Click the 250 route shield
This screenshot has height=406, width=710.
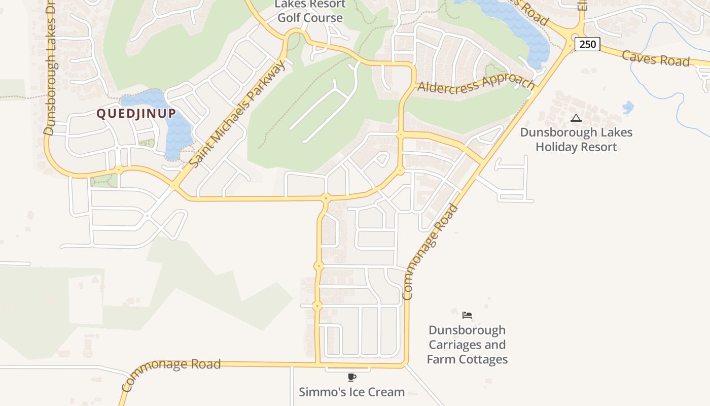(x=587, y=44)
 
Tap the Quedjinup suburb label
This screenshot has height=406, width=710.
(x=136, y=113)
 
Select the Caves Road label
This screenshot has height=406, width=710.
(x=656, y=58)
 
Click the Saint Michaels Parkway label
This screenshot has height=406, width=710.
(x=237, y=114)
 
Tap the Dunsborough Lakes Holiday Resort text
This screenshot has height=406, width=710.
(x=576, y=140)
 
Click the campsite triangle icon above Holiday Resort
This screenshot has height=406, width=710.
(x=576, y=118)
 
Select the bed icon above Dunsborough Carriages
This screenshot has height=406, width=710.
(x=467, y=315)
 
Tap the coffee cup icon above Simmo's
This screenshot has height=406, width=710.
(x=352, y=377)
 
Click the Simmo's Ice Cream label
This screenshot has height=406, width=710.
(x=352, y=392)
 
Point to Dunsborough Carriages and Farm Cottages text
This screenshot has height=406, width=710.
(x=467, y=345)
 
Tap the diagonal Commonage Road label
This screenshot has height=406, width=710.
(x=430, y=252)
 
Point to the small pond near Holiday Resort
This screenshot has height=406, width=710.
(x=627, y=108)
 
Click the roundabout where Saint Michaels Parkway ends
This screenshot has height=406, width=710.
(x=174, y=186)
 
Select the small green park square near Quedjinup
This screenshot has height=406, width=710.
(x=103, y=180)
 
